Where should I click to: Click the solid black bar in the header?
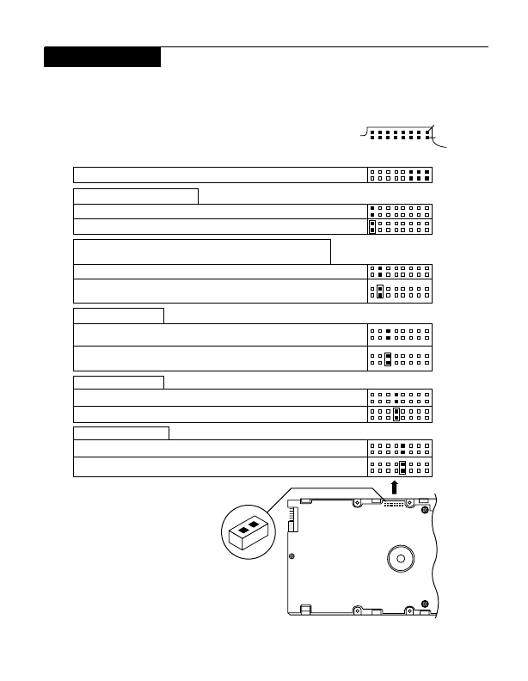point(102,57)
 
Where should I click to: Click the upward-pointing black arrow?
point(395,487)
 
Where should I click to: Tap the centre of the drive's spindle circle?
point(400,558)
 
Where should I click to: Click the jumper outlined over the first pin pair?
point(371,227)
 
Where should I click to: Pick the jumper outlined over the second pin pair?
point(379,291)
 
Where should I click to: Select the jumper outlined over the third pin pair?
point(388,359)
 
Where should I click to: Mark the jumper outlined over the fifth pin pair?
point(402,468)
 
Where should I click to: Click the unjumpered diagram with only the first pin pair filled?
point(400,211)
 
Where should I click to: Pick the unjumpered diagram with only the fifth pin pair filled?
point(400,448)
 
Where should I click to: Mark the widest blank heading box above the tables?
point(202,251)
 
